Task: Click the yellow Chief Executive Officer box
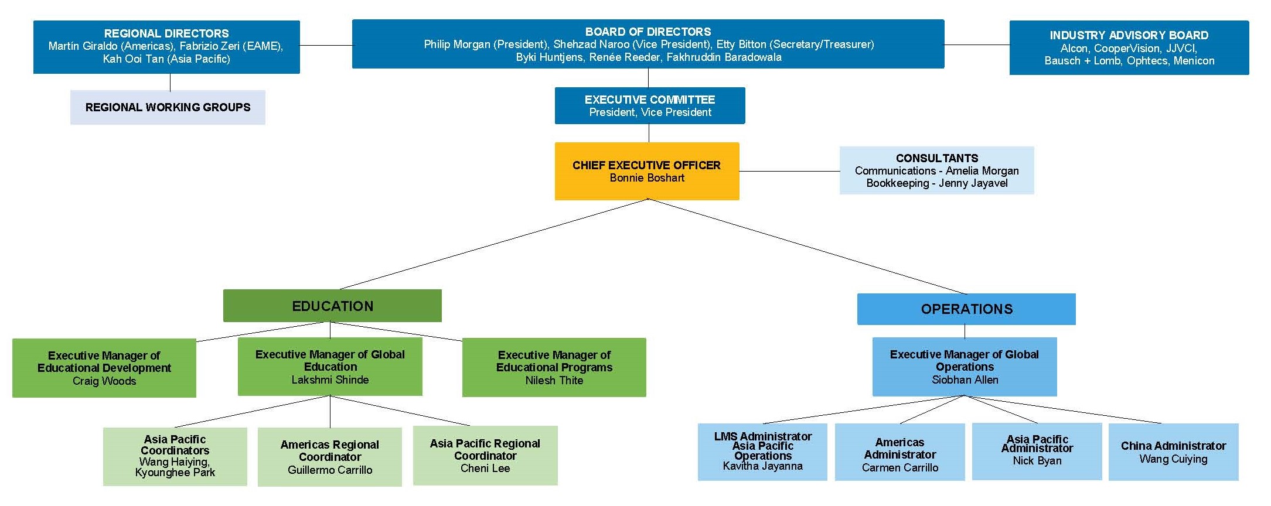coord(646,171)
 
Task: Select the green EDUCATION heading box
coord(332,306)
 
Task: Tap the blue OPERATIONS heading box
coord(966,309)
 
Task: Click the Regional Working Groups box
coord(168,107)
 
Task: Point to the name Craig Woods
coord(104,381)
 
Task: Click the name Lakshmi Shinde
coord(330,380)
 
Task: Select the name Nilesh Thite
coord(554,381)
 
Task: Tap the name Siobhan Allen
coord(965,380)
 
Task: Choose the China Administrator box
coord(1173,452)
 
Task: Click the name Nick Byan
coord(1037,461)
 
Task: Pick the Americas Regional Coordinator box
coord(330,457)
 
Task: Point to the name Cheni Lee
coord(485,469)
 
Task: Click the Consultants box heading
coord(936,158)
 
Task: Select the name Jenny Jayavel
coord(973,183)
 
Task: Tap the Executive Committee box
coord(649,105)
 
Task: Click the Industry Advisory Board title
coord(1129,35)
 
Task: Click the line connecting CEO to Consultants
coord(789,171)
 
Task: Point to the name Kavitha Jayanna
coord(762,466)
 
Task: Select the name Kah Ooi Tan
coord(133,59)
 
